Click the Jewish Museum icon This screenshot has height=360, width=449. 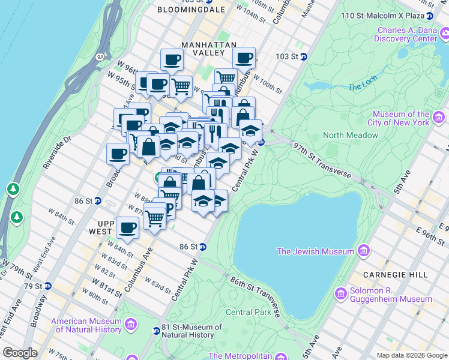point(364,251)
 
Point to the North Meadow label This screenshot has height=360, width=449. point(351,135)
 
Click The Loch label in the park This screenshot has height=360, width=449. point(362,86)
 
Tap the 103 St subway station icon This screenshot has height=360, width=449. point(304,56)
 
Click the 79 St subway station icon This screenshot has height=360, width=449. point(47,286)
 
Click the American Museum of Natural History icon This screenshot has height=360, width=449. point(131,325)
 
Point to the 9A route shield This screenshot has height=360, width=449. point(100,57)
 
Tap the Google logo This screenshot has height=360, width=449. point(20,353)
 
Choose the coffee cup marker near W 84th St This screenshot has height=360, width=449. point(127,228)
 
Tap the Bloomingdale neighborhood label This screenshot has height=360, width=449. point(182,10)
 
